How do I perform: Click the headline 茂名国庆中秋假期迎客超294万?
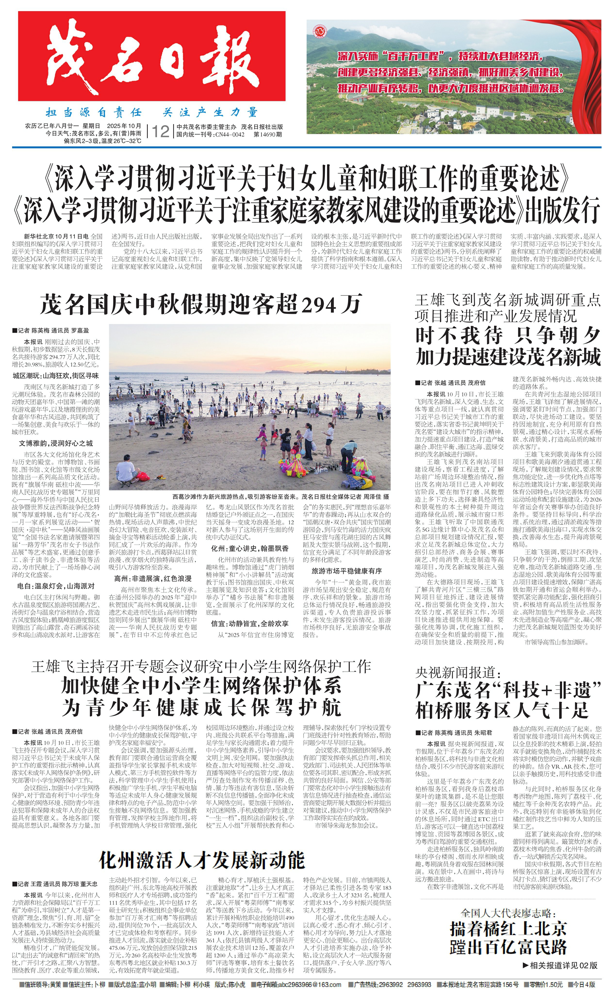(x=201, y=304)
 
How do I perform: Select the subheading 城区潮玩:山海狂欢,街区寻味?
(x=56, y=376)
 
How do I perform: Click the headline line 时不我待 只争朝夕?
(x=507, y=336)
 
